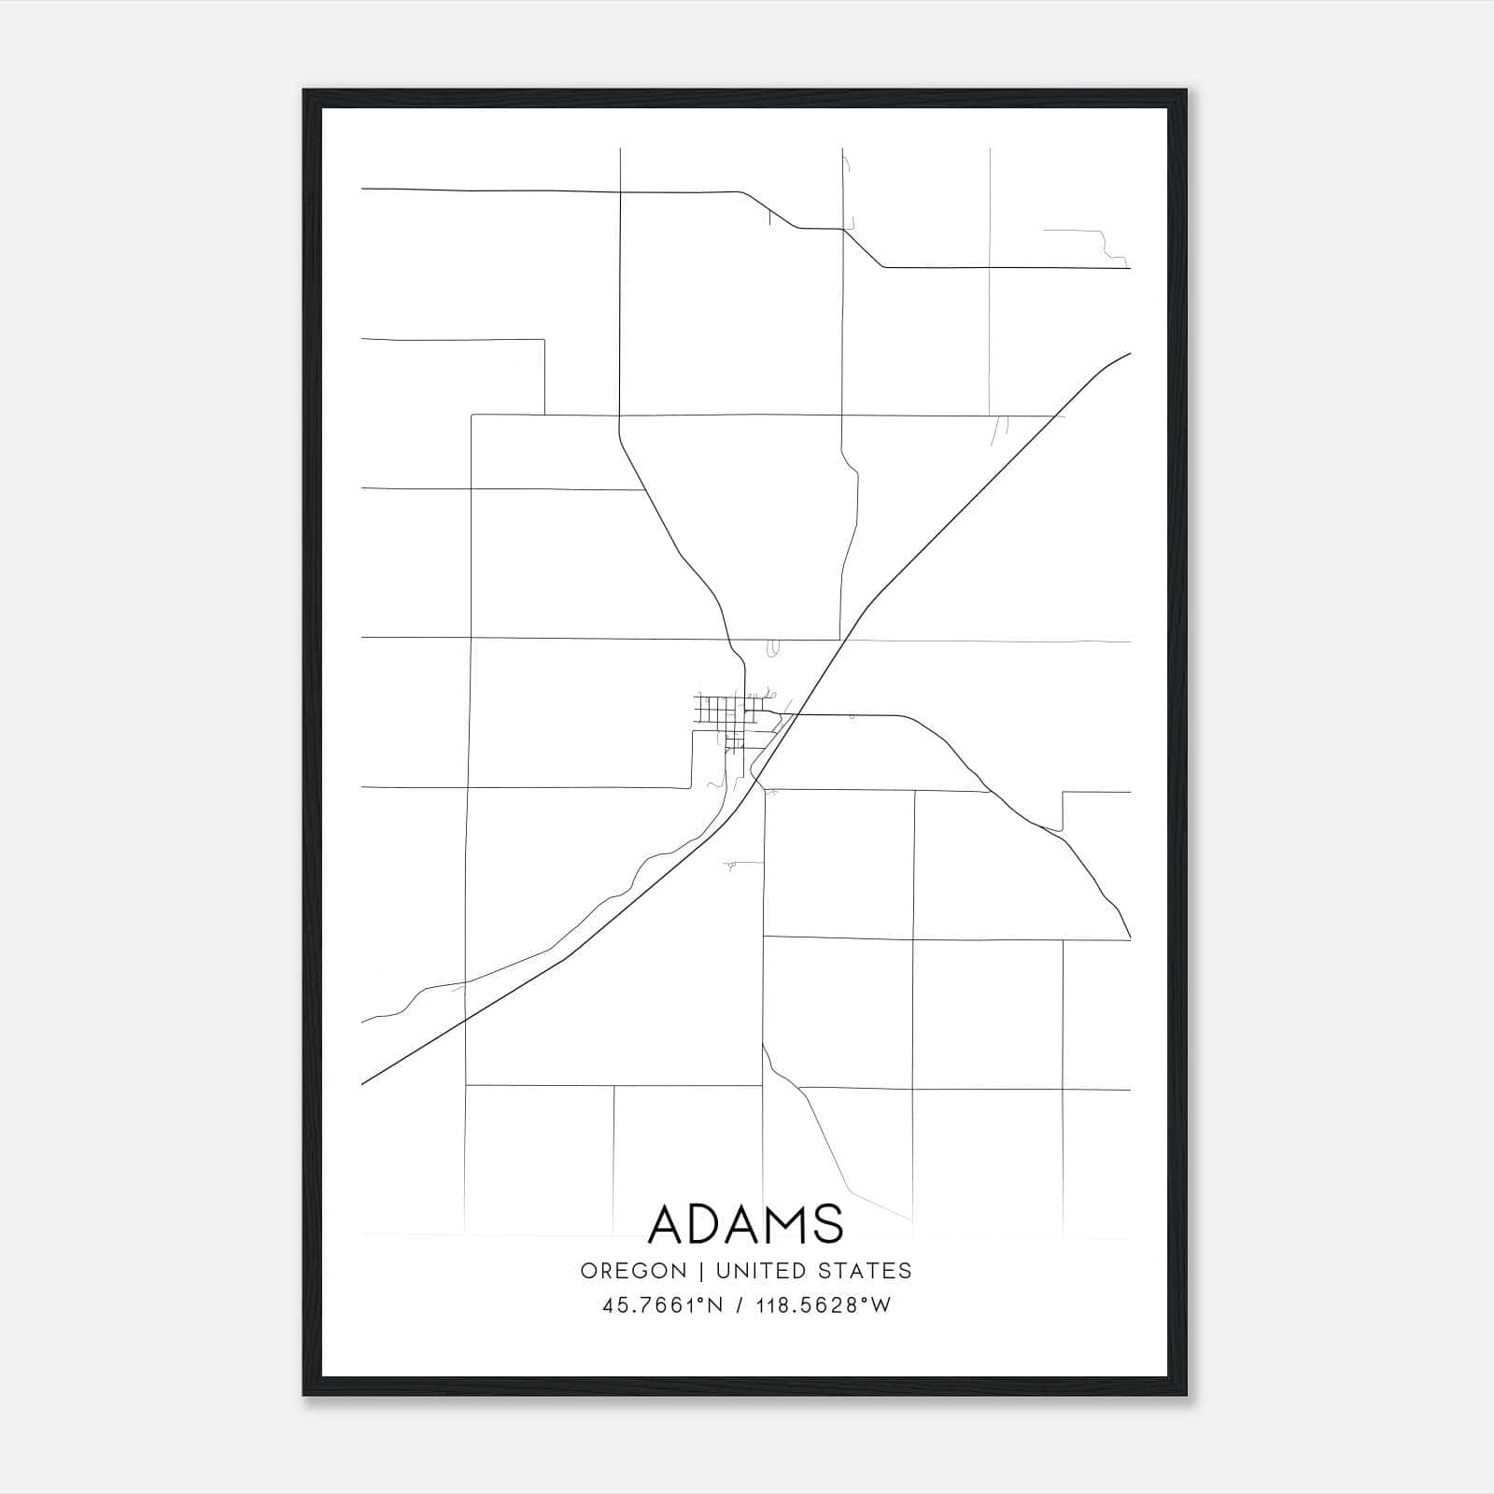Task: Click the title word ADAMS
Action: (x=745, y=1224)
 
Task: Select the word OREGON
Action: (x=633, y=1271)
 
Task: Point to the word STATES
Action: (x=865, y=1271)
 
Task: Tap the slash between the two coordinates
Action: (x=740, y=1305)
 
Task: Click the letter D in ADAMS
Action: (x=706, y=1224)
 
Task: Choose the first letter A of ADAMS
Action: (x=666, y=1224)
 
